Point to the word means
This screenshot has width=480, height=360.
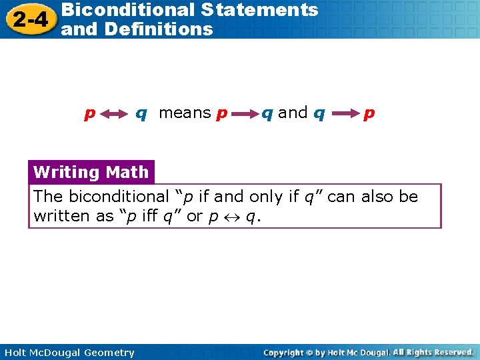(x=185, y=113)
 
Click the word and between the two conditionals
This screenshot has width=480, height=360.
(x=293, y=113)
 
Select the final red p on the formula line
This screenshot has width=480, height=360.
(x=369, y=114)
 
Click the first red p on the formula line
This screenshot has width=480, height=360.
(x=89, y=114)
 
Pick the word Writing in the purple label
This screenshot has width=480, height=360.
(x=66, y=172)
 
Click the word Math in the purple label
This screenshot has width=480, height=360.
(x=127, y=172)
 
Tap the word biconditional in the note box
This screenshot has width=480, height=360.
(x=115, y=197)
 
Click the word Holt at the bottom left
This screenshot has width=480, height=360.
(x=14, y=353)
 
